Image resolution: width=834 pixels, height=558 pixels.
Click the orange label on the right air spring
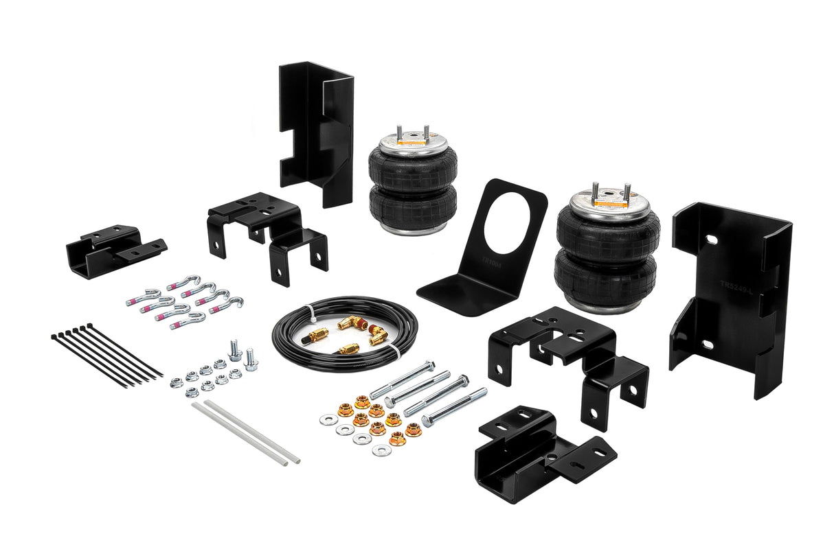pos(608,203)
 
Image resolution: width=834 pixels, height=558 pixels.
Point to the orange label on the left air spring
pos(412,144)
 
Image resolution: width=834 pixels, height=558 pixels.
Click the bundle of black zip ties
pos(106,355)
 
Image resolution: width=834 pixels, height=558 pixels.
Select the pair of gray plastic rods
pos(245,432)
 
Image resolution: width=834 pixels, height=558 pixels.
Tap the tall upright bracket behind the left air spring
pos(316,130)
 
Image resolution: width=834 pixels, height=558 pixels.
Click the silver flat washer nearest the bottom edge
pos(381,450)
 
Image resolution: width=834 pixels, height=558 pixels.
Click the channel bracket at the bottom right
pos(543,455)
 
